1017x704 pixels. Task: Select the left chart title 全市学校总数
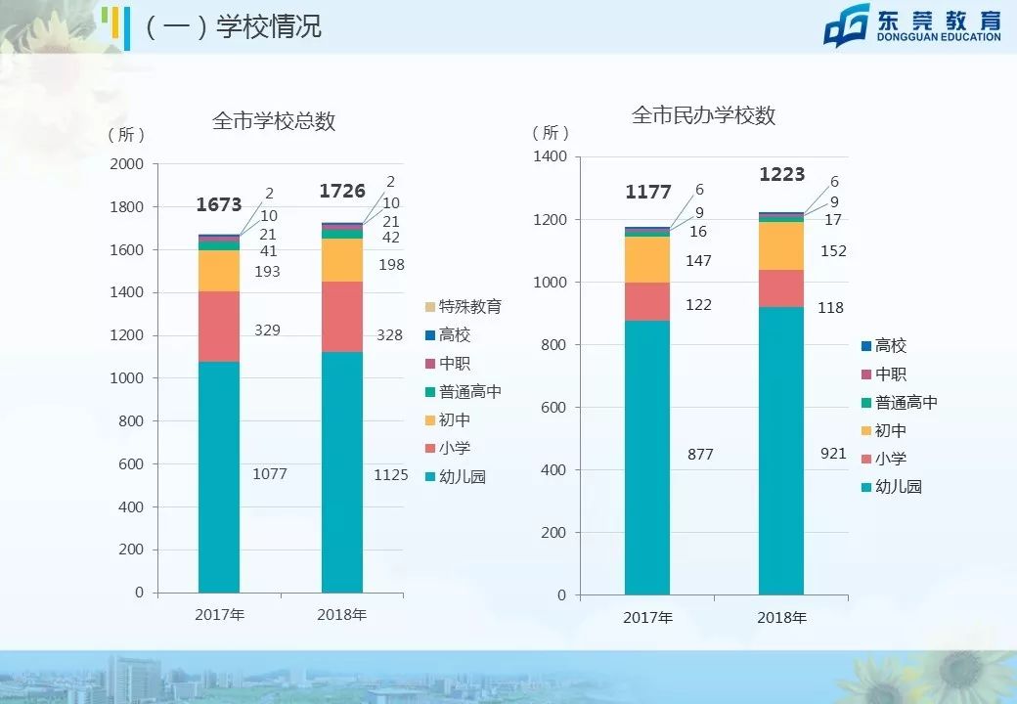click(x=274, y=121)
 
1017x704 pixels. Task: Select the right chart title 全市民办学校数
click(x=703, y=115)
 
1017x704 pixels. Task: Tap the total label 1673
click(x=219, y=205)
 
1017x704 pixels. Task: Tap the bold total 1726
click(x=342, y=192)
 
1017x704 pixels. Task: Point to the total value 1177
click(x=647, y=193)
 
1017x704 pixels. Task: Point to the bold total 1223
click(x=782, y=175)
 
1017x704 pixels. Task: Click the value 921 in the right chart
click(x=833, y=454)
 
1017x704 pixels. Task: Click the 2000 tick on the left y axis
click(x=127, y=164)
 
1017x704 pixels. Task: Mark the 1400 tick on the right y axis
click(x=550, y=157)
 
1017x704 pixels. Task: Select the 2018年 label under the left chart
click(x=342, y=615)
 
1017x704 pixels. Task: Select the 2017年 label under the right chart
click(x=647, y=618)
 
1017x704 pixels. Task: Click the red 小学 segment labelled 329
click(x=219, y=327)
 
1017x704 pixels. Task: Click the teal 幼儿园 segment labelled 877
click(x=647, y=458)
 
